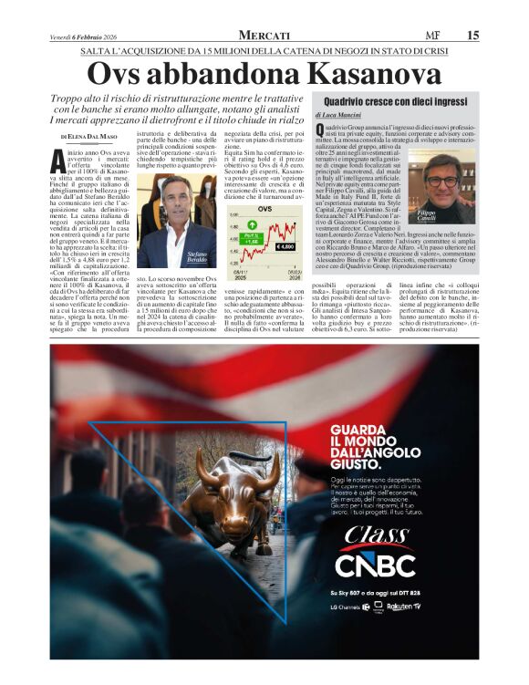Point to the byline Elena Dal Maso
(x=92, y=136)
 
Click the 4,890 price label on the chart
(x=284, y=246)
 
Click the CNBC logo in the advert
(x=375, y=566)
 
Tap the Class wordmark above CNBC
(x=375, y=535)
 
